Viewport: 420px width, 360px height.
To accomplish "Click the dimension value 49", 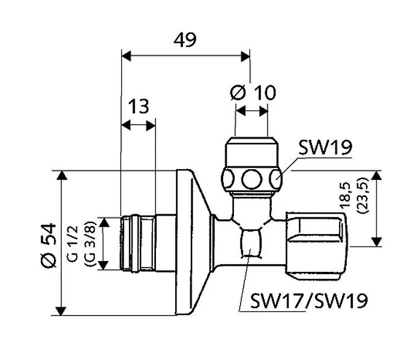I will pyautogui.click(x=185, y=40).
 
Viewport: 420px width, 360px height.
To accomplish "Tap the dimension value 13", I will pyautogui.click(x=138, y=107).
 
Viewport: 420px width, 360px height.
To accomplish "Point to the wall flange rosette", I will pyautogui.click(x=192, y=243).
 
